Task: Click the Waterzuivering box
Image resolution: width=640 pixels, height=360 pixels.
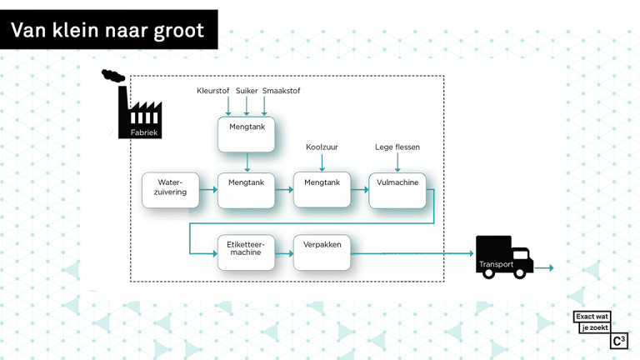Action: click(x=171, y=190)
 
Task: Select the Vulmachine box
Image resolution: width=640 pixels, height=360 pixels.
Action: click(x=397, y=190)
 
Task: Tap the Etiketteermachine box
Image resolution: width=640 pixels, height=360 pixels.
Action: click(x=246, y=252)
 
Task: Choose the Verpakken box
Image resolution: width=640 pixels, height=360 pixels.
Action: click(x=322, y=252)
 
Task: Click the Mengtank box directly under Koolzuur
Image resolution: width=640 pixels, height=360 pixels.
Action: click(x=322, y=190)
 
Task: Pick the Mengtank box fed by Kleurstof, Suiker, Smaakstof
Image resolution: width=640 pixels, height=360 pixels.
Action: click(x=246, y=134)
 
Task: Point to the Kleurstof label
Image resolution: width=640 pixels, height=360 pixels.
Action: click(x=213, y=91)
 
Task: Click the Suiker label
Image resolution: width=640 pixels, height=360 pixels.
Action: click(x=247, y=91)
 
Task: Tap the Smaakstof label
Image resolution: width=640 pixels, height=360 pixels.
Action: click(x=281, y=91)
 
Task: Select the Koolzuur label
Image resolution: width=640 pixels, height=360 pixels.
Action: click(x=322, y=147)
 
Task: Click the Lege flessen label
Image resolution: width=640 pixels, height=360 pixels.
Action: click(x=397, y=147)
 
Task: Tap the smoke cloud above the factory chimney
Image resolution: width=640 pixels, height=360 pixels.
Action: click(x=113, y=76)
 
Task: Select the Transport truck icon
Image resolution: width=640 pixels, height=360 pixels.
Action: click(x=504, y=257)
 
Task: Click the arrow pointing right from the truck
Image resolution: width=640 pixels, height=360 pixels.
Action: click(x=544, y=267)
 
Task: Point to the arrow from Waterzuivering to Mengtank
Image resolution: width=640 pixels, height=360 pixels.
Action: click(x=208, y=189)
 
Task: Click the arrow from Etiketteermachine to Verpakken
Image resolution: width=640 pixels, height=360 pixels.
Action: click(x=284, y=253)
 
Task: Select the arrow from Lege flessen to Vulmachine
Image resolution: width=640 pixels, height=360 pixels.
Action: click(x=397, y=162)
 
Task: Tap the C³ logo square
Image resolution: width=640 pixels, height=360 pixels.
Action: click(x=619, y=341)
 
